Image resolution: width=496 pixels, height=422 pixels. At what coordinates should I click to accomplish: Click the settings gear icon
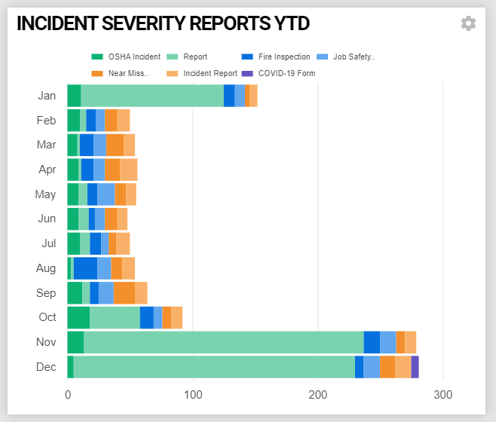tap(468, 23)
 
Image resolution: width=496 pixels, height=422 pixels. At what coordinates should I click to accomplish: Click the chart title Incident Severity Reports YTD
tap(163, 23)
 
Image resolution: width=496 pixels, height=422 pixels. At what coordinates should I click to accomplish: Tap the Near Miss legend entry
tap(121, 73)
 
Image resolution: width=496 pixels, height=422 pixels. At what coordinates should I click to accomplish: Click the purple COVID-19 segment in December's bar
tap(415, 367)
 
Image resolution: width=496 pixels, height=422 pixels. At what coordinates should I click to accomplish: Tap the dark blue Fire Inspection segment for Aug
tap(85, 268)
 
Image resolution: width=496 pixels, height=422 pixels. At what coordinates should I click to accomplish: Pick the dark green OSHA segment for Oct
tap(78, 317)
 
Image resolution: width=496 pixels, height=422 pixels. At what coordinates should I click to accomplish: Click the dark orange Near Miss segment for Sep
tap(124, 293)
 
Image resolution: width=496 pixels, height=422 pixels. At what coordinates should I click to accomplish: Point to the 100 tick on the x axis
tap(193, 394)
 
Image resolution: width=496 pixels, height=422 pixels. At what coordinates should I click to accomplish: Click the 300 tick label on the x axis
tap(443, 394)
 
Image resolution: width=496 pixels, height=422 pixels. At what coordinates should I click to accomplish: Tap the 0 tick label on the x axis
tap(68, 394)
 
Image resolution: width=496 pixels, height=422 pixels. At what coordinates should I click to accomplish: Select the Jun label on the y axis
tap(47, 219)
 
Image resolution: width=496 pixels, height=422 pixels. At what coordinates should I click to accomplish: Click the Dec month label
tap(46, 367)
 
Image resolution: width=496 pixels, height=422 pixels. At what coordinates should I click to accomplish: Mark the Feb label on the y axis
tap(46, 121)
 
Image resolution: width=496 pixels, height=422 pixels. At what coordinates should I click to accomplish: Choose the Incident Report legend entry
tap(203, 73)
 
